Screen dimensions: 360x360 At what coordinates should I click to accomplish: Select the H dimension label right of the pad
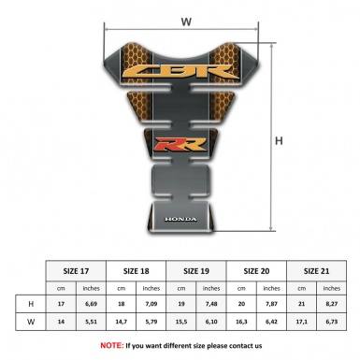[279, 141]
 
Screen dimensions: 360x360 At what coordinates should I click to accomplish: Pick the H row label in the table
[32, 304]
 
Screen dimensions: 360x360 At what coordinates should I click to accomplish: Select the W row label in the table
[32, 323]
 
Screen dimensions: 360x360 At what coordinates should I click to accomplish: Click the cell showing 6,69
[92, 304]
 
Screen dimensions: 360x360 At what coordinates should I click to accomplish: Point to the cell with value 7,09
[151, 304]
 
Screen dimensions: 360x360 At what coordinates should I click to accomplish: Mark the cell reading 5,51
[92, 323]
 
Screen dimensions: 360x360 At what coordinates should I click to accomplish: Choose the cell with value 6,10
[212, 323]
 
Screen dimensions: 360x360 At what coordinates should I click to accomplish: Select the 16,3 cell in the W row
[241, 323]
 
